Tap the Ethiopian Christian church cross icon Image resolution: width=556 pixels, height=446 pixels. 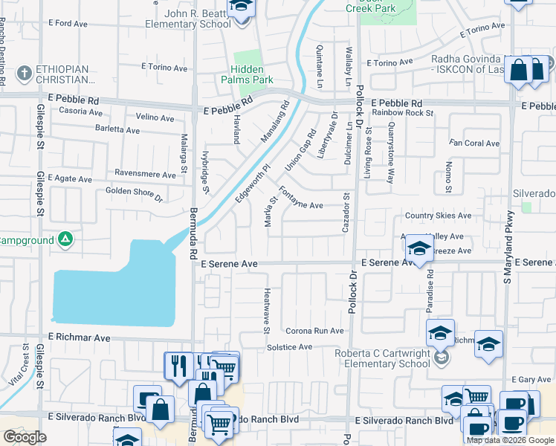pyautogui.click(x=25, y=73)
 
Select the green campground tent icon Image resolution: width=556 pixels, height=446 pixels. pyautogui.click(x=65, y=239)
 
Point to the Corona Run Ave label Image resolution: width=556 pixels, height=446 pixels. pyautogui.click(x=314, y=331)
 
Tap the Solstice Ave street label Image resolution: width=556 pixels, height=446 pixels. pyautogui.click(x=294, y=347)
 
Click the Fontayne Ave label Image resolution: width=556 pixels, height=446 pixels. pyautogui.click(x=301, y=205)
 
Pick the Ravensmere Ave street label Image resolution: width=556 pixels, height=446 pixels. pyautogui.click(x=144, y=172)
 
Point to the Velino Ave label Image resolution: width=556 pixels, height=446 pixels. pyautogui.click(x=155, y=117)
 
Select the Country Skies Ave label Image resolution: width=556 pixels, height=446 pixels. pyautogui.click(x=438, y=216)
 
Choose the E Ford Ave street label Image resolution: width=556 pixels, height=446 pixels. pyautogui.click(x=68, y=24)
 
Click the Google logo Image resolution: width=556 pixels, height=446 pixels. pyautogui.click(x=25, y=437)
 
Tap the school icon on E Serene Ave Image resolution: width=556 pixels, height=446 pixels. pyautogui.click(x=419, y=249)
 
